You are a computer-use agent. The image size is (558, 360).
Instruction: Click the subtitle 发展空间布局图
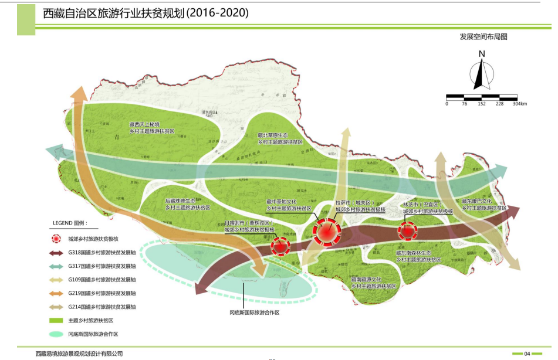(483, 36)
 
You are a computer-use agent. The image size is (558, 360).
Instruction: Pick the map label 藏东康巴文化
(484, 201)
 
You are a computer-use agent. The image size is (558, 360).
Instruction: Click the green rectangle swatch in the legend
(56, 320)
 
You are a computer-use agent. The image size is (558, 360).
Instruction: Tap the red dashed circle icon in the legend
(56, 239)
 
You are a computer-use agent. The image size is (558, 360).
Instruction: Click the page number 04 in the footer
(527, 354)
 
